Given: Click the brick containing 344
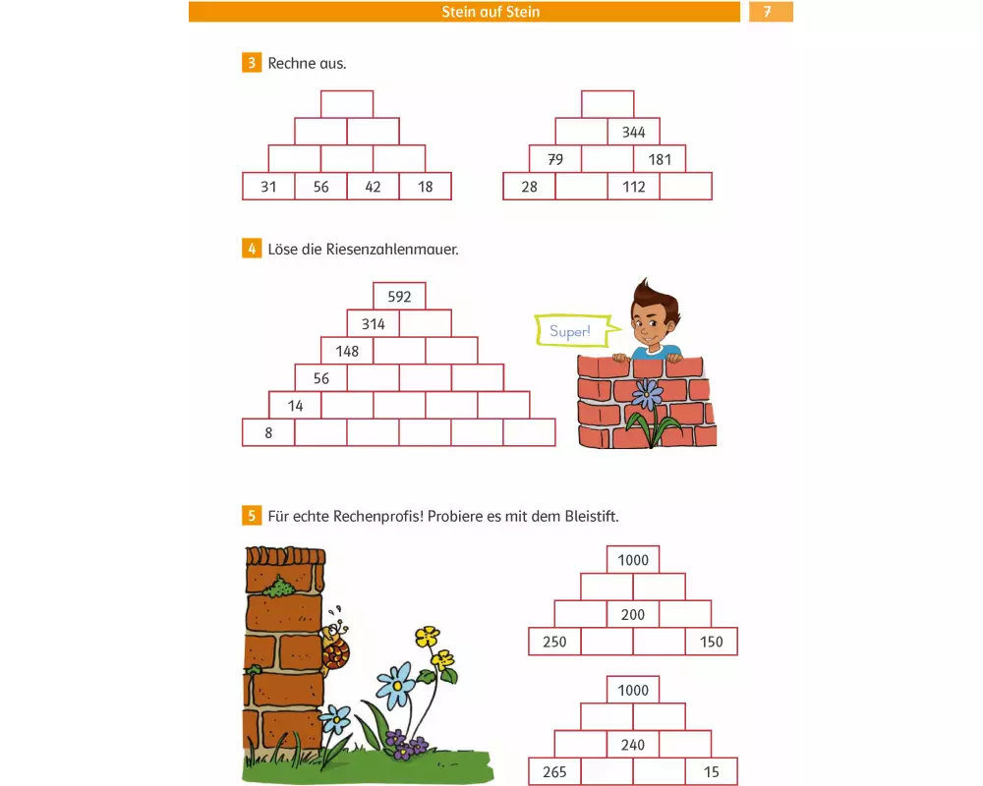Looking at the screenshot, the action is point(633,132).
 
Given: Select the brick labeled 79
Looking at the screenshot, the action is point(555,159).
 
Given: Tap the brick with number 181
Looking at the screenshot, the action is point(660,159).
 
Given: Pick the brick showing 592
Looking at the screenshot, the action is point(399,296).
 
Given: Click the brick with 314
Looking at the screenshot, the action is point(373,323).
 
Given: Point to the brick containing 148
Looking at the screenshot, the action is point(347,351).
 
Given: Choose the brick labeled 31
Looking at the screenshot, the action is point(268,186).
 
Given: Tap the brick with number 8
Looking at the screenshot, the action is point(268,432).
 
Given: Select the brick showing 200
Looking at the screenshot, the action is point(633,614).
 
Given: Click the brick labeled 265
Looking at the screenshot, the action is point(554,771).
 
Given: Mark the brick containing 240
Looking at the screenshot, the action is point(633,745).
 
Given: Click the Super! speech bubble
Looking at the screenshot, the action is point(572,330).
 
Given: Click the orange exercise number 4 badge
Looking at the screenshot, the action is point(252,249).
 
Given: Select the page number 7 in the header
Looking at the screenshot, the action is point(768,11).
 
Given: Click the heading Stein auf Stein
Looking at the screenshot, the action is point(491,11).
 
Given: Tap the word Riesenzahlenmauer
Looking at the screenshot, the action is point(392,250).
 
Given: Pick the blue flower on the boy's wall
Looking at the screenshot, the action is point(647,394).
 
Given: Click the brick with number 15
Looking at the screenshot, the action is point(712,771).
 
